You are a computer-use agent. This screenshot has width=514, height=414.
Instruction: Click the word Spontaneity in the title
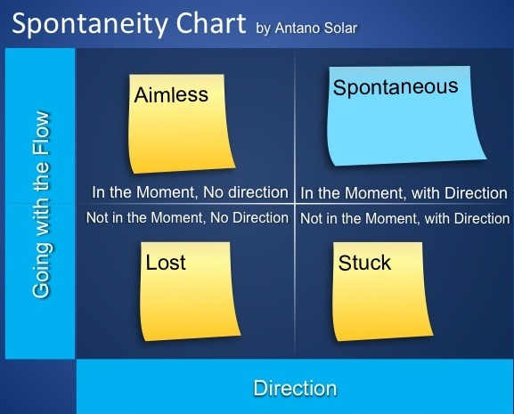pos(90,24)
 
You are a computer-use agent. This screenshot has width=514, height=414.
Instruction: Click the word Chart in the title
pos(211,22)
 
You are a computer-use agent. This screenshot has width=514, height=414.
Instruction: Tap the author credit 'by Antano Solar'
pos(306,28)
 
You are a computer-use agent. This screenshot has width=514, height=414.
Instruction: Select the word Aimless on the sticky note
pos(171,94)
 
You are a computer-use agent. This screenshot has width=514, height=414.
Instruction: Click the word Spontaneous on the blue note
pos(396,87)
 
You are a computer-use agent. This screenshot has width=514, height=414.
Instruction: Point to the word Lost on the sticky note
pos(166,263)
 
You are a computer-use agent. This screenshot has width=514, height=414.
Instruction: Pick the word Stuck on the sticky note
pos(364,263)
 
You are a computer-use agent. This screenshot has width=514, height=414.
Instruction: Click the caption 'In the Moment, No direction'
pos(190,192)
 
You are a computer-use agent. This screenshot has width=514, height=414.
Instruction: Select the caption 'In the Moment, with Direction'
pos(404,193)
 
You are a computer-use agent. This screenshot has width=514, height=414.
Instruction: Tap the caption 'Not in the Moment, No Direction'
pos(187,218)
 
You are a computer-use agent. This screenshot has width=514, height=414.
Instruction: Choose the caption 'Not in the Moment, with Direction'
pos(404,218)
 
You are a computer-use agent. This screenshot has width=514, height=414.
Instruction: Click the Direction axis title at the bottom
pos(295,388)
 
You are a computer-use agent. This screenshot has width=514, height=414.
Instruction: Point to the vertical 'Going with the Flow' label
pos(42,205)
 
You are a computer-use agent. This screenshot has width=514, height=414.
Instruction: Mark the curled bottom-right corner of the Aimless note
pos(235,167)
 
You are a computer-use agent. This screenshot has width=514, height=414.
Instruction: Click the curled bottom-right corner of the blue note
pos(485,158)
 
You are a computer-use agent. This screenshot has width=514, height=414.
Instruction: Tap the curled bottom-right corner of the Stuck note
pos(433,335)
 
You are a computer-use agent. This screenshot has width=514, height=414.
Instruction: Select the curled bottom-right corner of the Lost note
pos(241,335)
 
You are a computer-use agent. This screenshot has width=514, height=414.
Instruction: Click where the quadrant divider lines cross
pos(294,204)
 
